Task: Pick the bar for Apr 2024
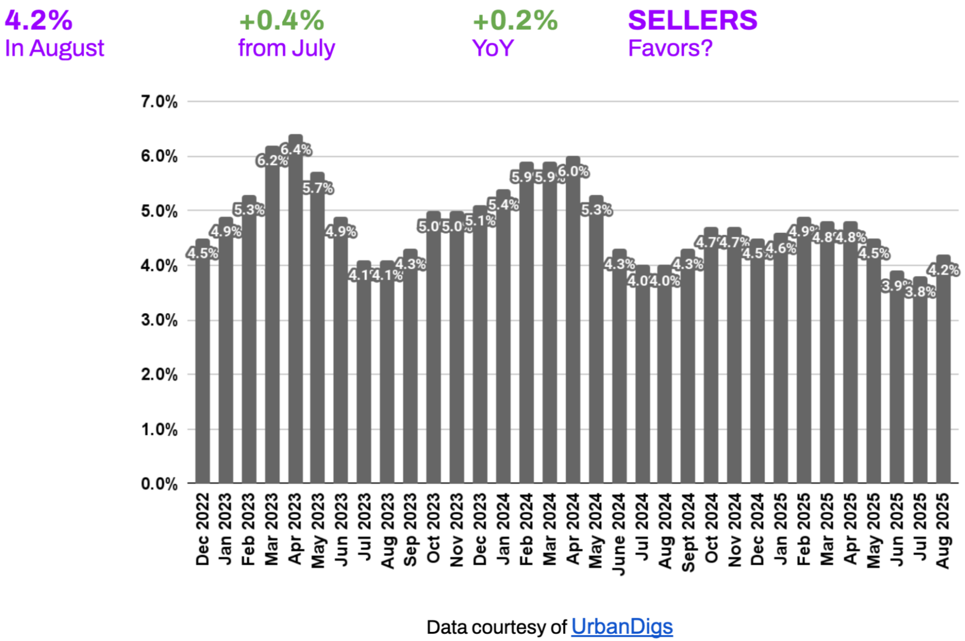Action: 573,327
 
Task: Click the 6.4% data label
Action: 296,149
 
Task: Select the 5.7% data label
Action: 318,188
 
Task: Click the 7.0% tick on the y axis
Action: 159,102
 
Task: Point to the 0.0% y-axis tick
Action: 159,484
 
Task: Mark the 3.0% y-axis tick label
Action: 159,320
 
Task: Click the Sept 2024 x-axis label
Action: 688,532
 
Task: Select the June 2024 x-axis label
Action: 619,533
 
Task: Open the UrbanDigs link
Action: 622,626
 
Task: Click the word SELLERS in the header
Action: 692,20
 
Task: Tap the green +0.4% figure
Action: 281,21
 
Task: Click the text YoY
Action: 493,48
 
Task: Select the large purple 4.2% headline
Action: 39,21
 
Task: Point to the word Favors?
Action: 670,48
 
